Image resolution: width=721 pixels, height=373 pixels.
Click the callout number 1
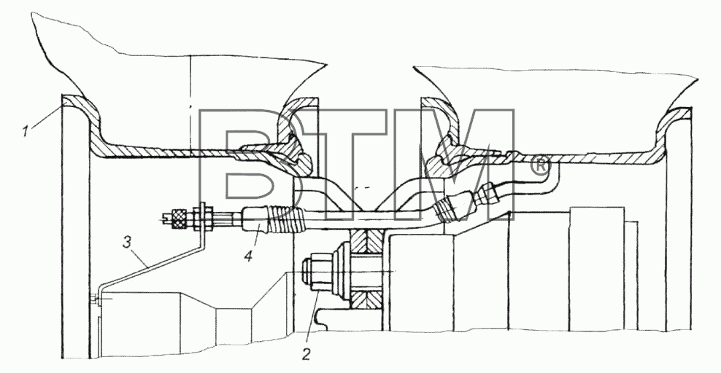[x=27, y=132]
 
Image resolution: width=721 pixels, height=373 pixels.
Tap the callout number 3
[x=128, y=243]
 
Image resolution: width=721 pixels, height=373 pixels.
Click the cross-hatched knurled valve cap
[x=178, y=218]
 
